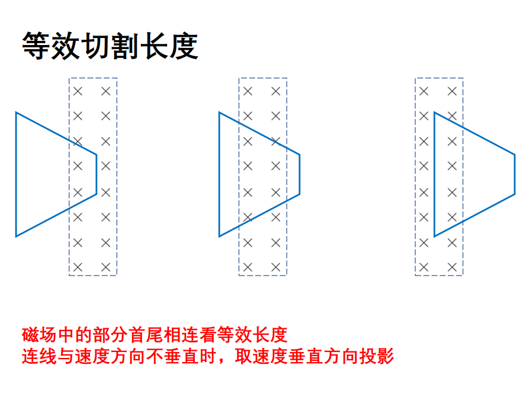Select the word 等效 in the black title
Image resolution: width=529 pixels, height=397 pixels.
pos(51,46)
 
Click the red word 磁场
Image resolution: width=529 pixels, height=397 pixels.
pos(39,335)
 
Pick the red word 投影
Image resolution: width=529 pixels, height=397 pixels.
pos(377,357)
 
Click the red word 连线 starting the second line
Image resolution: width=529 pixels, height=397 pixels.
pos(39,357)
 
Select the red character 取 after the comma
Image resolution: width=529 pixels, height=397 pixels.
pos(243,357)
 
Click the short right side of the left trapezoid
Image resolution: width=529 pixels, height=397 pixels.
pos(97,175)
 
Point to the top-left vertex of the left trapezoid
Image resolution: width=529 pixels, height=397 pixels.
pos(16,113)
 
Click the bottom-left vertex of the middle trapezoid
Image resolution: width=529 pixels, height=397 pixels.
pos(220,236)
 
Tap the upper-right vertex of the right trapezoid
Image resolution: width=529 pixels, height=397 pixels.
pos(515,155)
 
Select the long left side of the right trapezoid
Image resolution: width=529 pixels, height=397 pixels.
pos(435,174)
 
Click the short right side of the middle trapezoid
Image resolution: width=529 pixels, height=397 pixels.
pos(300,175)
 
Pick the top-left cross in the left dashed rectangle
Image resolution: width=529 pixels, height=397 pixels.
pos(78,91)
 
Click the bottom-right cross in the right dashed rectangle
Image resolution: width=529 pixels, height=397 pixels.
pos(452,267)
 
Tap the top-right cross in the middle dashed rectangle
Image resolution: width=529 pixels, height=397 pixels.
pos(275,91)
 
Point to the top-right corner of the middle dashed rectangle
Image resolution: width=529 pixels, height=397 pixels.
pos(287,78)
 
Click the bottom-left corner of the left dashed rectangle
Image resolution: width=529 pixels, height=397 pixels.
pos(69,276)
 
